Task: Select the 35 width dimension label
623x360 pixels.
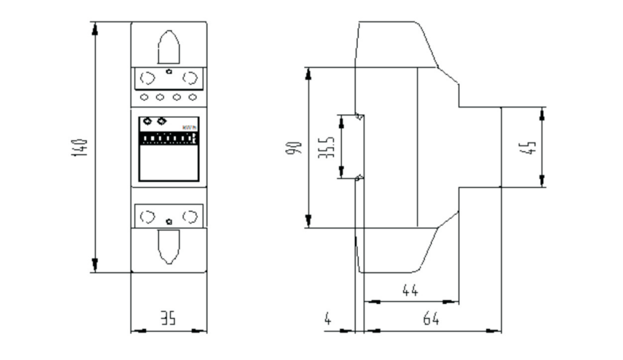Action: coord(168,318)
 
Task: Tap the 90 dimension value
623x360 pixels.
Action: coord(294,149)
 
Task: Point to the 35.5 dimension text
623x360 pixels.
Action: coord(329,148)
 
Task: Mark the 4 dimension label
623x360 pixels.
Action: coord(328,318)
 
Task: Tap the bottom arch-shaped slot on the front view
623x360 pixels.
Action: coord(169,247)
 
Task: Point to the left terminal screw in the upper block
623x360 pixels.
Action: coord(147,78)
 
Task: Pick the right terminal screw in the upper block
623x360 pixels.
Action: coord(191,78)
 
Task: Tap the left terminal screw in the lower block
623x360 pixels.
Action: coord(147,216)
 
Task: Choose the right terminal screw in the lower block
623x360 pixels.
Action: coord(191,216)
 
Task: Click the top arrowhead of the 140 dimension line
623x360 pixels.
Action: coord(95,28)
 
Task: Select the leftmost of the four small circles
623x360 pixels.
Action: coord(145,97)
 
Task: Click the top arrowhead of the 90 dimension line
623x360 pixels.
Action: coord(309,73)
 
